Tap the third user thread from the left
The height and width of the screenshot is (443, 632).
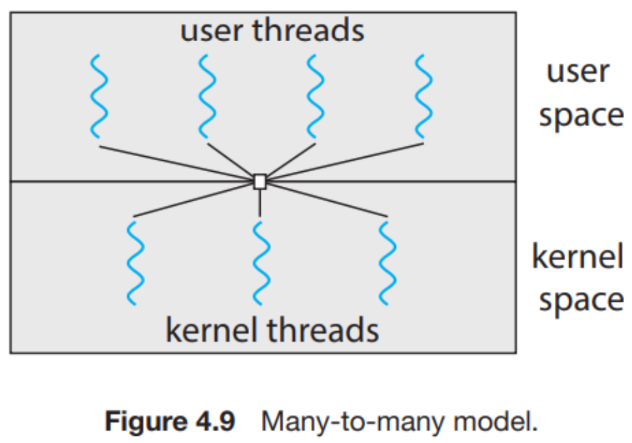tap(316, 96)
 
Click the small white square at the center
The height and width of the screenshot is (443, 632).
tap(260, 182)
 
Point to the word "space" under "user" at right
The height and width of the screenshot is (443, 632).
tap(580, 115)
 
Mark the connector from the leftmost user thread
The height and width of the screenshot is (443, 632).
tap(176, 161)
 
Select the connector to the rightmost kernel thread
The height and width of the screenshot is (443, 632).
tap(327, 200)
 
